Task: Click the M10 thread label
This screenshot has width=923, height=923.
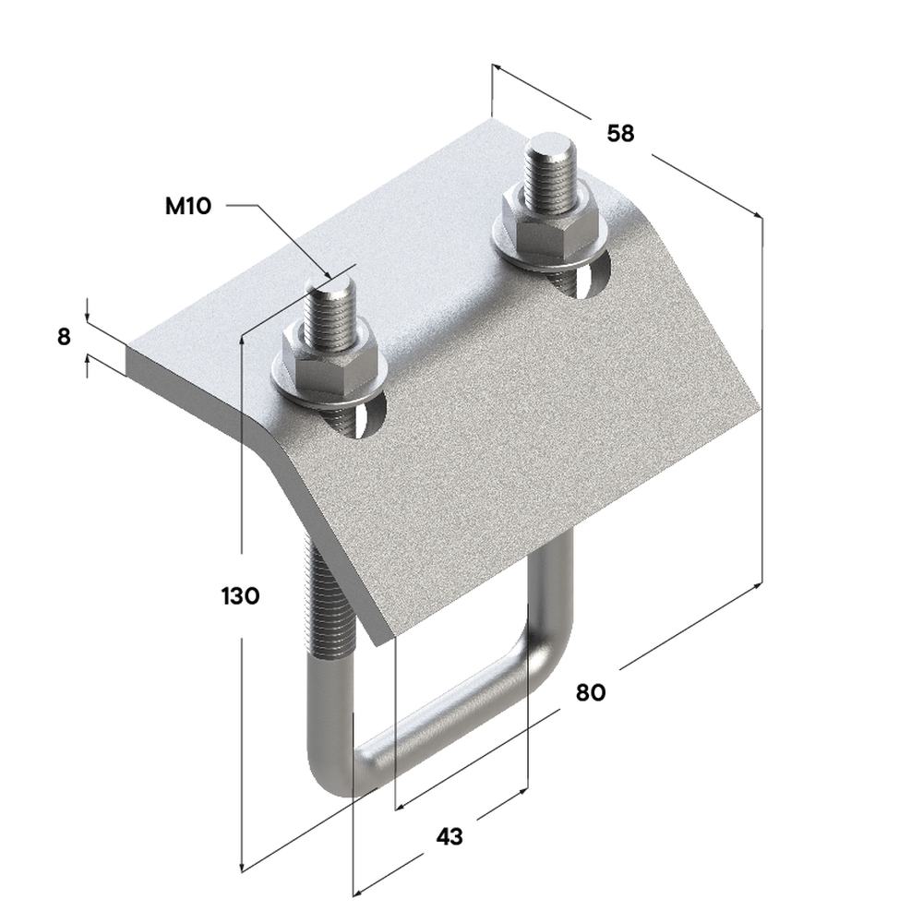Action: [187, 206]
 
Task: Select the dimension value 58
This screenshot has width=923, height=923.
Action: [620, 134]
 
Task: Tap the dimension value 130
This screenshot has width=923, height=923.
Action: [240, 596]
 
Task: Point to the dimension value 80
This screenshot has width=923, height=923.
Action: [591, 693]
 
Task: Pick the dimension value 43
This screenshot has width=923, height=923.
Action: [450, 836]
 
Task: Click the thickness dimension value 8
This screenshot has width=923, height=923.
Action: [65, 337]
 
